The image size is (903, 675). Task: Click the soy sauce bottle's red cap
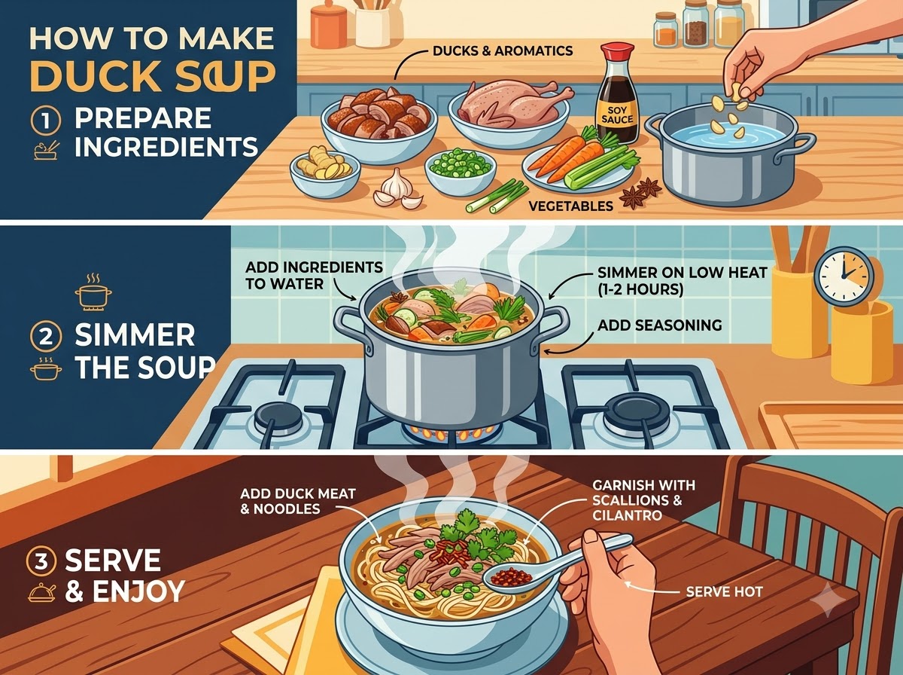coord(617,51)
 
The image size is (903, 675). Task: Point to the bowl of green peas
coord(460,170)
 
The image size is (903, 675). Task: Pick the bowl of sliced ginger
coord(325,173)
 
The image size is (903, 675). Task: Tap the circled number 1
coord(46,121)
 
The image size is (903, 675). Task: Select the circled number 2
coord(46,337)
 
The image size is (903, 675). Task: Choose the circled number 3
coord(41,560)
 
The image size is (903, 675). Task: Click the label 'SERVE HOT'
coord(725,592)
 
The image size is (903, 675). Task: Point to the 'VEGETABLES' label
coord(570,206)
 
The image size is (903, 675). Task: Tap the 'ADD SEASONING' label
coord(659,325)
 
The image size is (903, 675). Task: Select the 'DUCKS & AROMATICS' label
coord(503,51)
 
